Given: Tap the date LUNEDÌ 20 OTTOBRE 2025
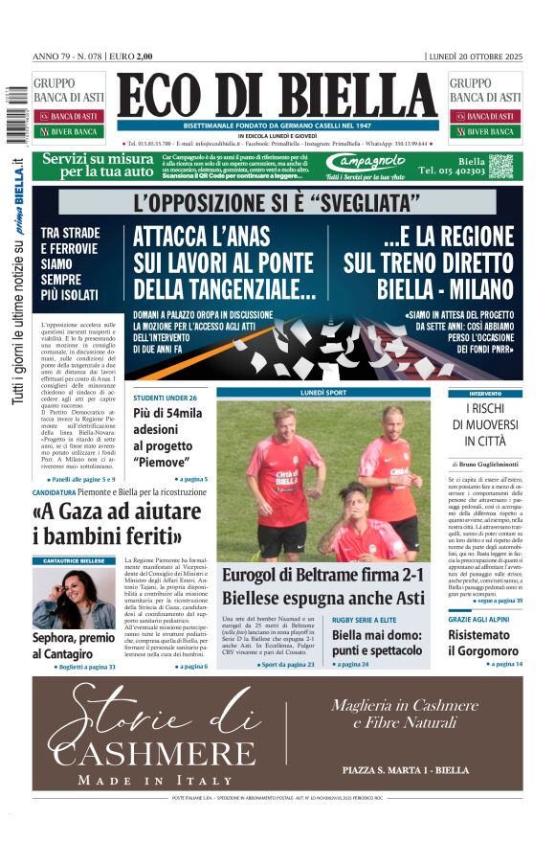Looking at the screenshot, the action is click(475, 57).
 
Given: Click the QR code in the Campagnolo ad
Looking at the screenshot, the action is click(501, 166).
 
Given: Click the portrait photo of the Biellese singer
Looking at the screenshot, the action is click(73, 597).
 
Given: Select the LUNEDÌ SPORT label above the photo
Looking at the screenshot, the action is click(324, 393).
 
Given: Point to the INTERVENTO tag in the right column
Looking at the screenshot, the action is click(485, 394).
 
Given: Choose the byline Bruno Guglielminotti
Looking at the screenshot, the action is click(492, 464).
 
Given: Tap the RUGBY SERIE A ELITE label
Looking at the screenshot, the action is click(370, 620).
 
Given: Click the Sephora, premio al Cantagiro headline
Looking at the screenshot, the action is click(74, 645).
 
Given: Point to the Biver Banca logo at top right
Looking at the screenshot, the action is click(485, 131).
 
